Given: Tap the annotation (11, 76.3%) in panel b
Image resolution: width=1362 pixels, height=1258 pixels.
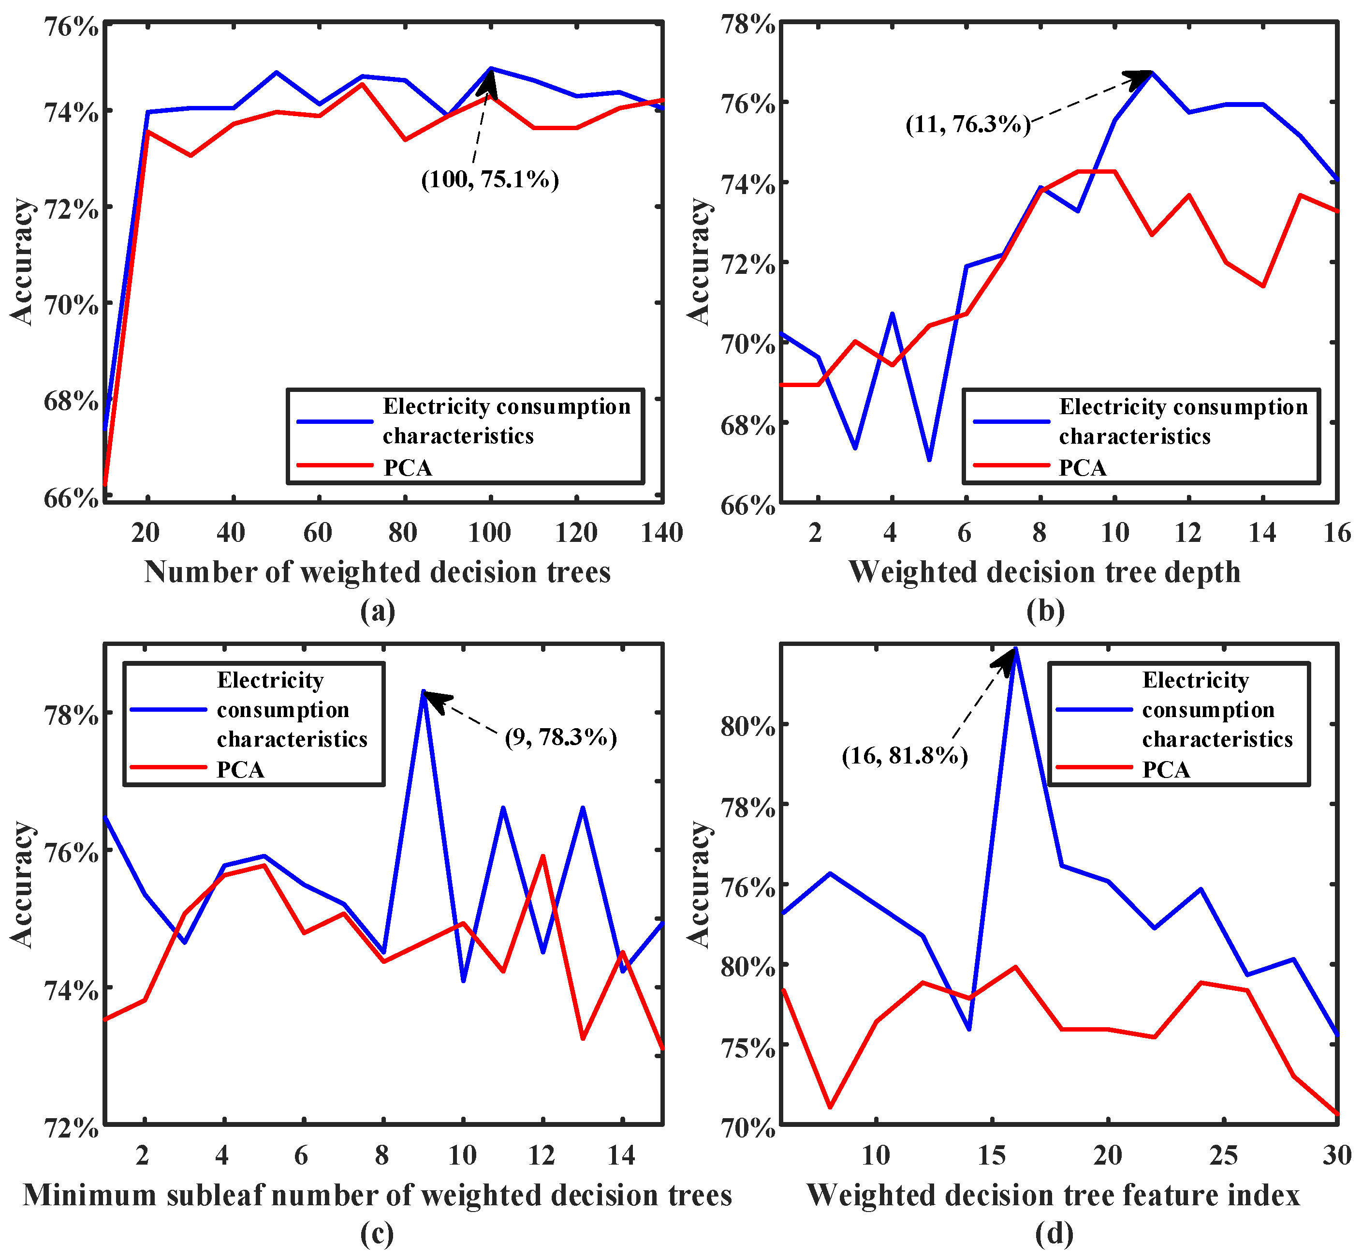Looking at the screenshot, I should (967, 124).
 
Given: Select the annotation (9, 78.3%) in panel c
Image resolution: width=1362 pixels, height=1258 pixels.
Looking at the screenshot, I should (560, 737).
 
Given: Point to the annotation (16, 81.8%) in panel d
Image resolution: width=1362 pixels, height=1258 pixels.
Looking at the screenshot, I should (904, 756).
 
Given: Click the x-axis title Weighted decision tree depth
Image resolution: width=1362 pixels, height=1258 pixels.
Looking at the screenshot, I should (1045, 572).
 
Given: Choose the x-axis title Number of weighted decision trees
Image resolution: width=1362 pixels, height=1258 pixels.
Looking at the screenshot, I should (378, 572).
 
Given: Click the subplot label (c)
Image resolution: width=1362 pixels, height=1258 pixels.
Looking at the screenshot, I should (377, 1233).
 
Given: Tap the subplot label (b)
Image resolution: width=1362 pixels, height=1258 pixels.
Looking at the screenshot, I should (1046, 611).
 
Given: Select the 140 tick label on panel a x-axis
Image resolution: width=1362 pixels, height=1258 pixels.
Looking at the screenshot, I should (661, 532).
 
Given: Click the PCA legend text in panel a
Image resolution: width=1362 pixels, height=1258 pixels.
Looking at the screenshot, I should (408, 468).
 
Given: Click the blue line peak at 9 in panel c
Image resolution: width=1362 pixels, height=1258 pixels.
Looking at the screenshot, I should (423, 691).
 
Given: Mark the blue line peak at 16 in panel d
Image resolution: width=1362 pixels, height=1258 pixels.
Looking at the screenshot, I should (1015, 649).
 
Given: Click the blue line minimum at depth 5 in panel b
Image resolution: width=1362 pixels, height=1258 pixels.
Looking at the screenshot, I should (929, 460).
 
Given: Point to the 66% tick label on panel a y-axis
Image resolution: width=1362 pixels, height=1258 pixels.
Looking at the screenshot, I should (72, 498).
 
